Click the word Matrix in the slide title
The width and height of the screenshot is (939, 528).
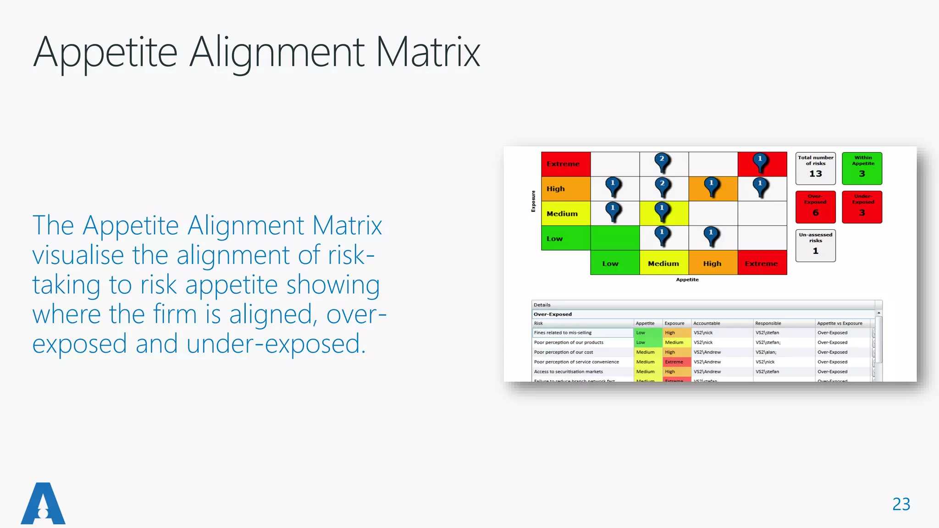427,53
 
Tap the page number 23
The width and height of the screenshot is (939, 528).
901,504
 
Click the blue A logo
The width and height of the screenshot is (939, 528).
43,504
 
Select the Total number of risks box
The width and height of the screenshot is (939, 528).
815,168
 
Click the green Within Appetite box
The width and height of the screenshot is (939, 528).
862,168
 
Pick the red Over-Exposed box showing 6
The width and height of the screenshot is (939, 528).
815,207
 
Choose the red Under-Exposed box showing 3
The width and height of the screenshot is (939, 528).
862,207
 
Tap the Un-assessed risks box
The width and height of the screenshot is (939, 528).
815,245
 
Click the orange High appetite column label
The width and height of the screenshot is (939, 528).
713,263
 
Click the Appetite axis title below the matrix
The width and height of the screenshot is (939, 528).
687,280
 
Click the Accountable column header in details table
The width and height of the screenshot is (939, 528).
707,323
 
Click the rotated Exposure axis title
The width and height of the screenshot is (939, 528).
533,201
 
